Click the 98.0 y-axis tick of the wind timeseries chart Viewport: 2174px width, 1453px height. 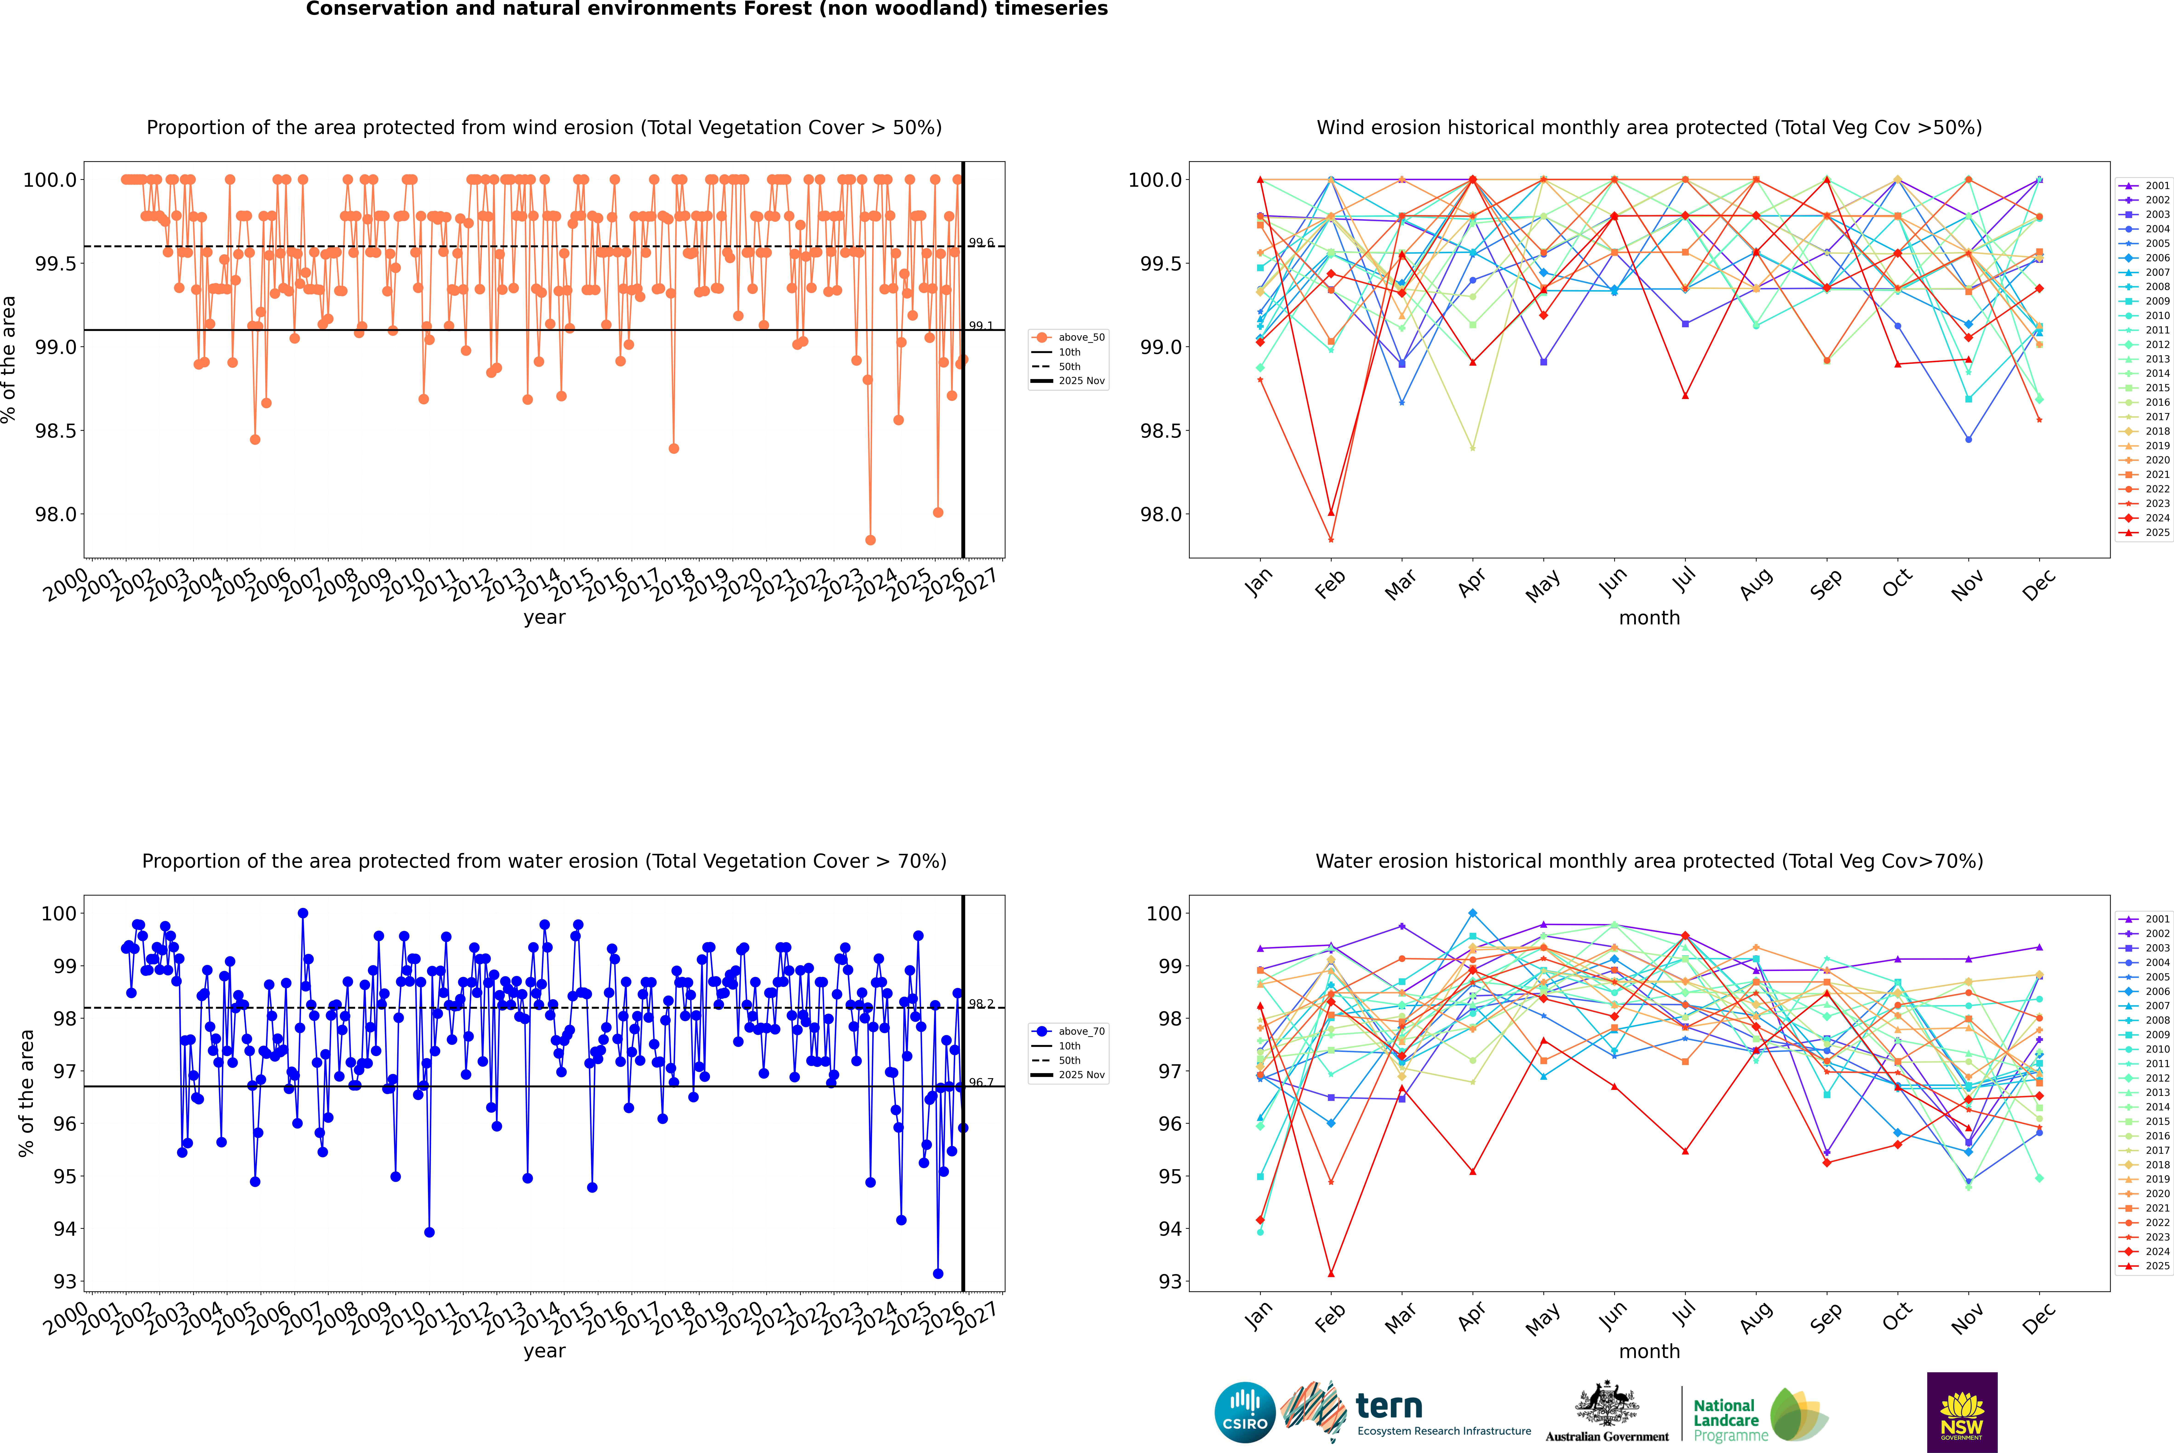pyautogui.click(x=56, y=514)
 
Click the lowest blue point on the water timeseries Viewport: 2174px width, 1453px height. pyautogui.click(x=938, y=1273)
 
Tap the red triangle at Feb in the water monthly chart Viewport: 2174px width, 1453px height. pyautogui.click(x=1331, y=1273)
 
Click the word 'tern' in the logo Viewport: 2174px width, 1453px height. pyautogui.click(x=1388, y=1407)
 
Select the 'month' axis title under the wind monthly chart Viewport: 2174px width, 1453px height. pyautogui.click(x=1648, y=618)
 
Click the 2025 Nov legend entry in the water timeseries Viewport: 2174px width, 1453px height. pyautogui.click(x=1080, y=1075)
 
